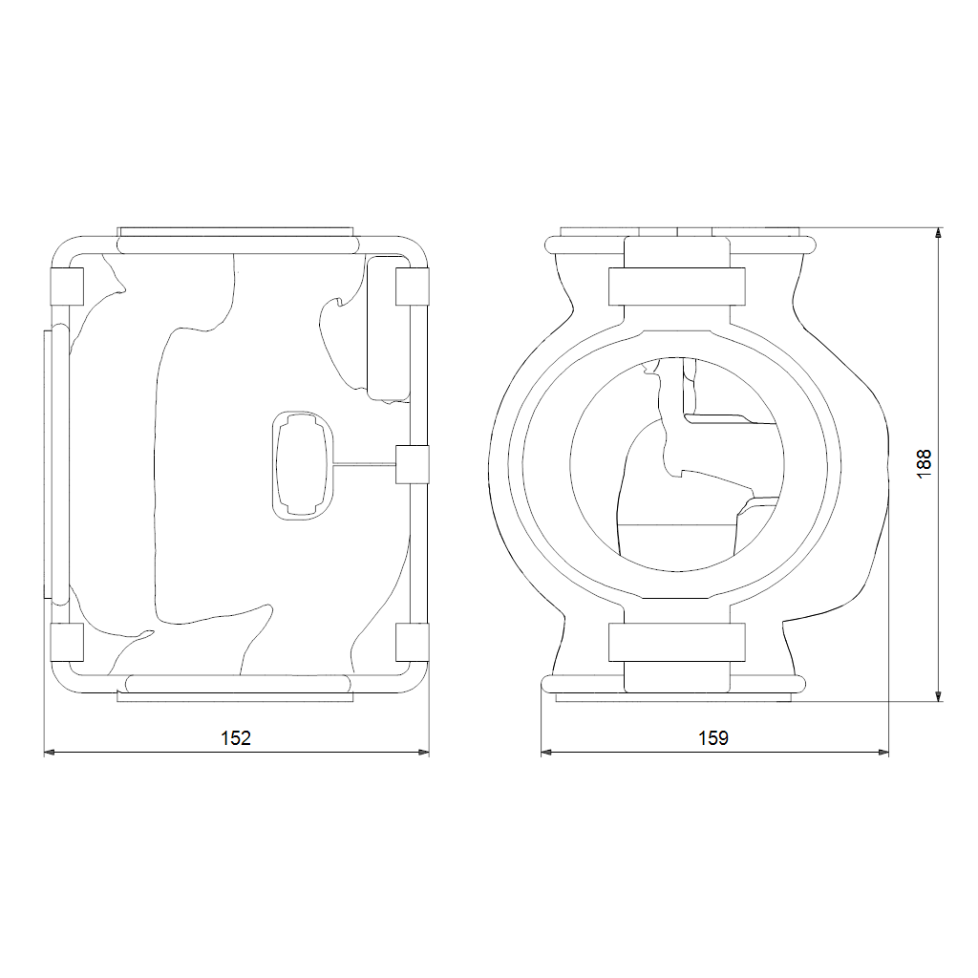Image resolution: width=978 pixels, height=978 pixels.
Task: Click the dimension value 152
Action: (x=236, y=738)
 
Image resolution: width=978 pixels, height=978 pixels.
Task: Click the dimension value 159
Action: (x=713, y=738)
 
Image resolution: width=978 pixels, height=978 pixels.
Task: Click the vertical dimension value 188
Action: (x=924, y=464)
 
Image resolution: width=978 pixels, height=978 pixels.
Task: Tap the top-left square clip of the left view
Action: (x=67, y=287)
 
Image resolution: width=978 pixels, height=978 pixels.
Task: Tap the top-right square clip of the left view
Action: (x=413, y=287)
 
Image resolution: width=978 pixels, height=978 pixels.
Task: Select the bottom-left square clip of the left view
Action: (x=67, y=642)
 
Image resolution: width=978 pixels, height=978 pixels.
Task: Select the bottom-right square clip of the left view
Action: (x=413, y=642)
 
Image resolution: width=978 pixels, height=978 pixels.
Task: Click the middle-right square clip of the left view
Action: (x=413, y=465)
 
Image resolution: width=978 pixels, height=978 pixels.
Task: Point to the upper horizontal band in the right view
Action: (x=677, y=287)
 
